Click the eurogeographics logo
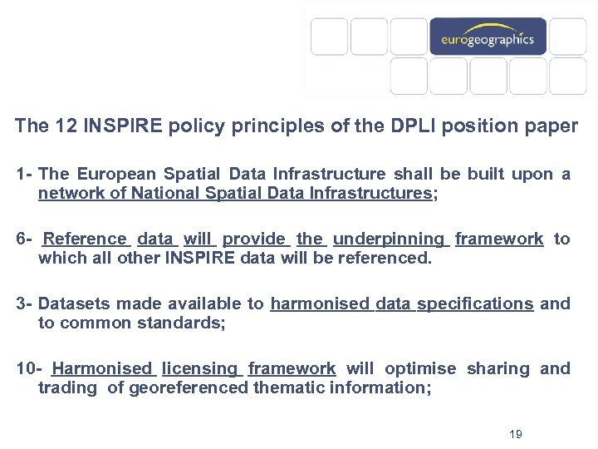[x=488, y=37]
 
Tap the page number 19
[x=515, y=434]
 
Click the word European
[x=116, y=174]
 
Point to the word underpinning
[x=389, y=239]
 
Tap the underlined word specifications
[x=475, y=303]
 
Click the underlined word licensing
[x=199, y=368]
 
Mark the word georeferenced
[x=189, y=387]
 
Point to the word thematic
[x=290, y=387]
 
